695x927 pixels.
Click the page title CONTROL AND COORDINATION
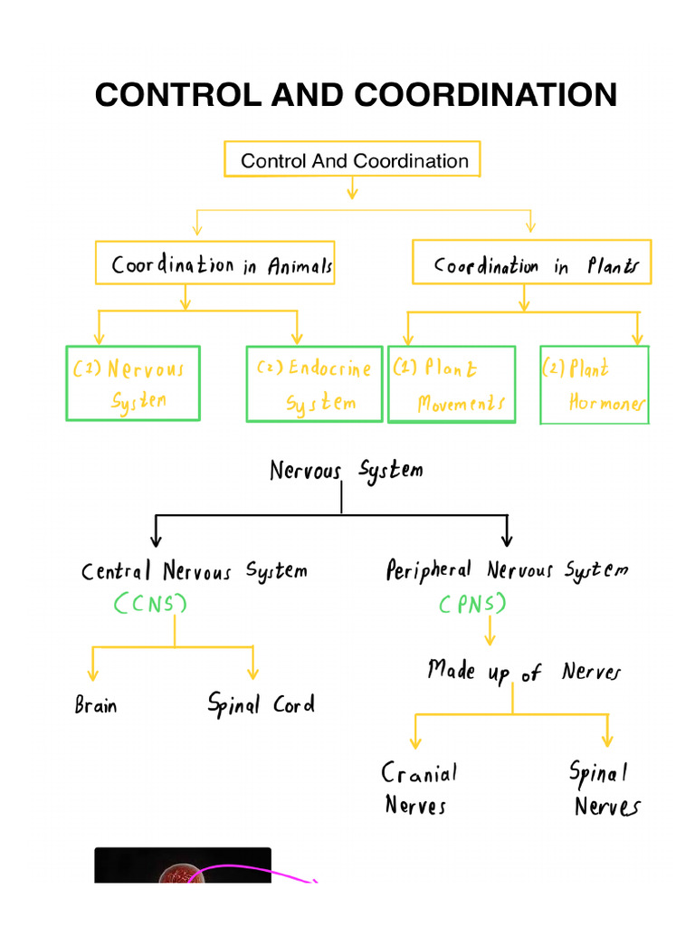[x=356, y=95]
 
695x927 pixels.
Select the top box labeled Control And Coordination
[x=352, y=161]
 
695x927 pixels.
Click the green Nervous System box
[x=132, y=383]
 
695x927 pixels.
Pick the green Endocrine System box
[x=314, y=384]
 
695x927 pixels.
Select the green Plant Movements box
[x=452, y=384]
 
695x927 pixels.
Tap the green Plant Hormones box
[x=595, y=385]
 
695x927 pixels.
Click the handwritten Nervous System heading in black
[x=346, y=471]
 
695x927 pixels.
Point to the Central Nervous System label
[x=194, y=571]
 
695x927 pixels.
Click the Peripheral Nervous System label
[x=507, y=570]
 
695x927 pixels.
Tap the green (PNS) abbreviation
[x=472, y=603]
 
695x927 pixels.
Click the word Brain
[x=96, y=705]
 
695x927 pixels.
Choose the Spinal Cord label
[x=261, y=704]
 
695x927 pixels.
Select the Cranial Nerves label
[x=419, y=788]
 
